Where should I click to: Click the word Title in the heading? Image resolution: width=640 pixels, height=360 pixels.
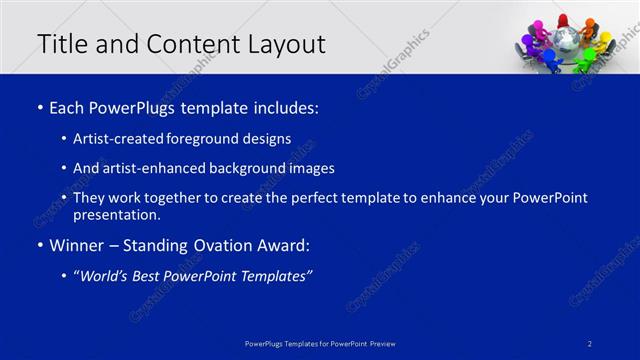point(61,44)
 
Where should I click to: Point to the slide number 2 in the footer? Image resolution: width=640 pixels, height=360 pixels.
point(590,344)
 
